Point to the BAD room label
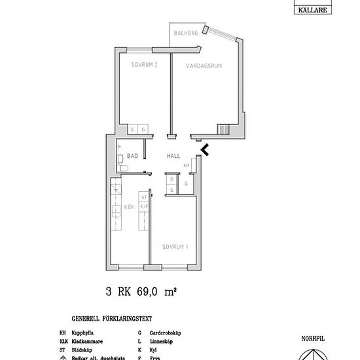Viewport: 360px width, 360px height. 132,156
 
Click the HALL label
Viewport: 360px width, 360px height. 173,156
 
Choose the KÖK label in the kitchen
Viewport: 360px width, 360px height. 129,207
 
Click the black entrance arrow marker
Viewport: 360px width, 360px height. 205,150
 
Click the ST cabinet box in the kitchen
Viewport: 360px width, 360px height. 143,196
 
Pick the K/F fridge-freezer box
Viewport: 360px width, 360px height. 143,206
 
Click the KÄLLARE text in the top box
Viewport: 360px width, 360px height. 315,9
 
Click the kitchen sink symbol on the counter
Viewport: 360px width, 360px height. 115,211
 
